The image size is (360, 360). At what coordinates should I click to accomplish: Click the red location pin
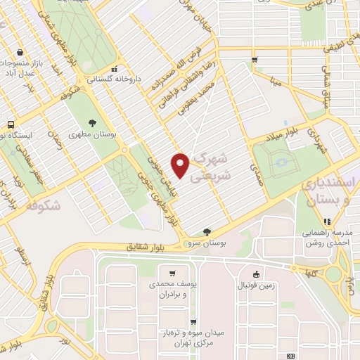pyautogui.click(x=181, y=165)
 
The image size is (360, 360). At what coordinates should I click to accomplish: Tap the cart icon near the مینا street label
pyautogui.click(x=255, y=59)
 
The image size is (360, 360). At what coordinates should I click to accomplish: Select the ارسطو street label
pyautogui.click(x=25, y=253)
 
